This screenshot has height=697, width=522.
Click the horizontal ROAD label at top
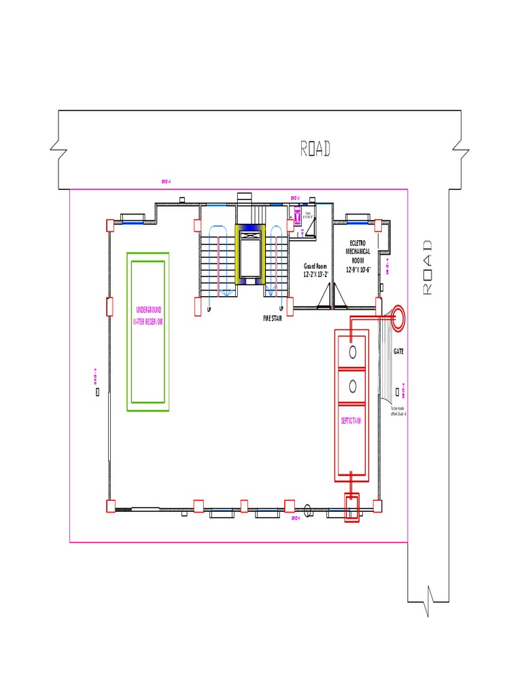(315, 148)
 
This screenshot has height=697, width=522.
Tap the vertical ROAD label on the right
(428, 267)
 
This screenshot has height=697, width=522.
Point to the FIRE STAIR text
(272, 318)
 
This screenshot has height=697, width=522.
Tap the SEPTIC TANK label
(351, 421)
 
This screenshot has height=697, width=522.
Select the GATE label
(398, 351)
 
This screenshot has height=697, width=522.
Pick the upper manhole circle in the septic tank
(352, 351)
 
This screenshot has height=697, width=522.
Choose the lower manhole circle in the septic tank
(352, 386)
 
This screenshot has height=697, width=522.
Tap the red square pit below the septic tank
(351, 507)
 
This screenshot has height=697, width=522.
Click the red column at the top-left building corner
(110, 225)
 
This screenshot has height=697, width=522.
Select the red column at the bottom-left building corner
(110, 505)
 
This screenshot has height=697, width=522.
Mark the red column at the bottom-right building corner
(377, 505)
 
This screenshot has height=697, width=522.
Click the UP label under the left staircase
(209, 308)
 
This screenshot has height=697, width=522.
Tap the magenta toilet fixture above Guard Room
(298, 217)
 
